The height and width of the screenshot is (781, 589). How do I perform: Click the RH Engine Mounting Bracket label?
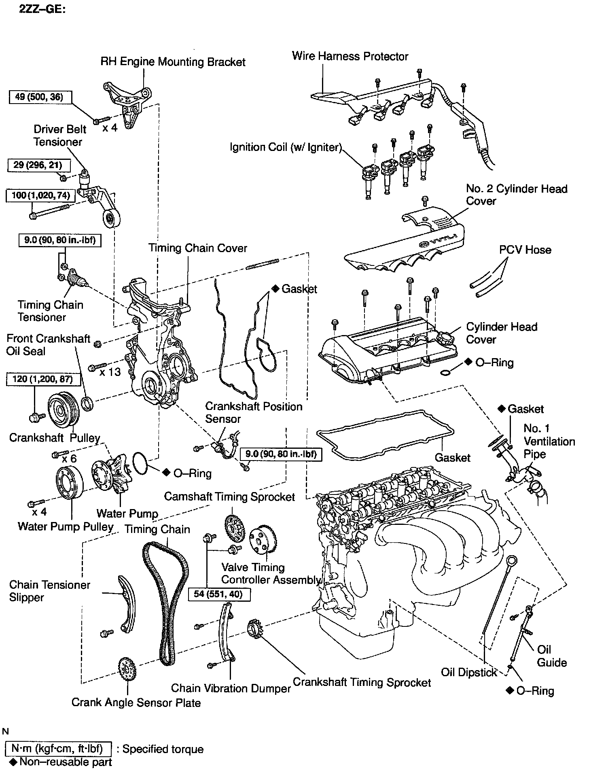click(173, 62)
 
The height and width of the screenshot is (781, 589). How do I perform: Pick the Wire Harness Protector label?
click(350, 56)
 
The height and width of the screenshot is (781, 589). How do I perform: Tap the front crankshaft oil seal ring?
click(88, 404)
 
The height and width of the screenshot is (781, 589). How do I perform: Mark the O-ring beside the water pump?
click(140, 463)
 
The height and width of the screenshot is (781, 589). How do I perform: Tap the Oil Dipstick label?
click(469, 672)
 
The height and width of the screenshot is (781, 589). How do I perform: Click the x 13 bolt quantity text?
click(110, 371)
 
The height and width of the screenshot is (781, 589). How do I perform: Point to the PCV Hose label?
click(525, 250)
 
